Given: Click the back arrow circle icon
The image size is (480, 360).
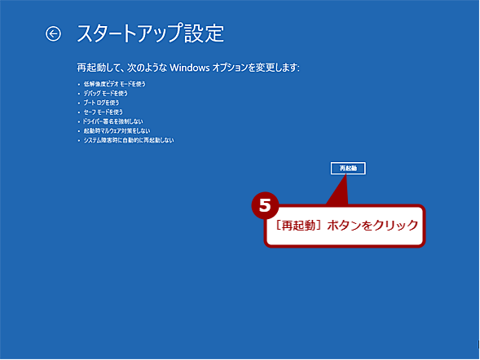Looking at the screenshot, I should click(54, 33).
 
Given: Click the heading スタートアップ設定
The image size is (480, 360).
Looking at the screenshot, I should click(149, 33).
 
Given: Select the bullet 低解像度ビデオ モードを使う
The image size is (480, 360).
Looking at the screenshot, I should click(113, 84).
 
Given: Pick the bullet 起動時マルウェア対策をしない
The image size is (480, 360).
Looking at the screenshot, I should click(117, 131).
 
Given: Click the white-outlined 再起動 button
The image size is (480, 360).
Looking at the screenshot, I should click(348, 168).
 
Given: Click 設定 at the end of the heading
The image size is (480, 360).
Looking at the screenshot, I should click(207, 33).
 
